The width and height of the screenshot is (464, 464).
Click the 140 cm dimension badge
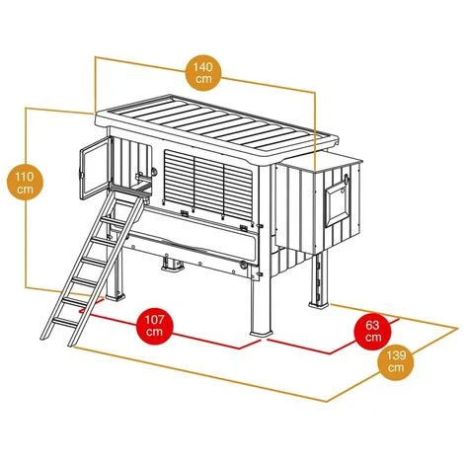point(203,73)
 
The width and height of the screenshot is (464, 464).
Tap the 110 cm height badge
point(26,183)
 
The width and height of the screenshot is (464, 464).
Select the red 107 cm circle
point(154,325)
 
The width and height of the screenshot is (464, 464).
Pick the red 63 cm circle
point(372,331)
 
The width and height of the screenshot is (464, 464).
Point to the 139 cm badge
point(396,361)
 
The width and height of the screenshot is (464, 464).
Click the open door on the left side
point(95,168)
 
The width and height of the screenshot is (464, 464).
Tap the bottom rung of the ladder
point(65,323)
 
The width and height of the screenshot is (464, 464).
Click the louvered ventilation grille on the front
point(208,185)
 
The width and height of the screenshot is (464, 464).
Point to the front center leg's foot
point(262,333)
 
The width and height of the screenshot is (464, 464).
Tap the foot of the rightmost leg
point(319,302)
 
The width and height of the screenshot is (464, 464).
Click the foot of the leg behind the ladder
point(116,295)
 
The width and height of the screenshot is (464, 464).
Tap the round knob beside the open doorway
point(154,171)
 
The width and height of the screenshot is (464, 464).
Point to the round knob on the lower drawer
point(243,265)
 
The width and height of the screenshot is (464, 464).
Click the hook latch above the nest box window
point(346,179)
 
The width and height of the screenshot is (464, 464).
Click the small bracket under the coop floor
point(173,264)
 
